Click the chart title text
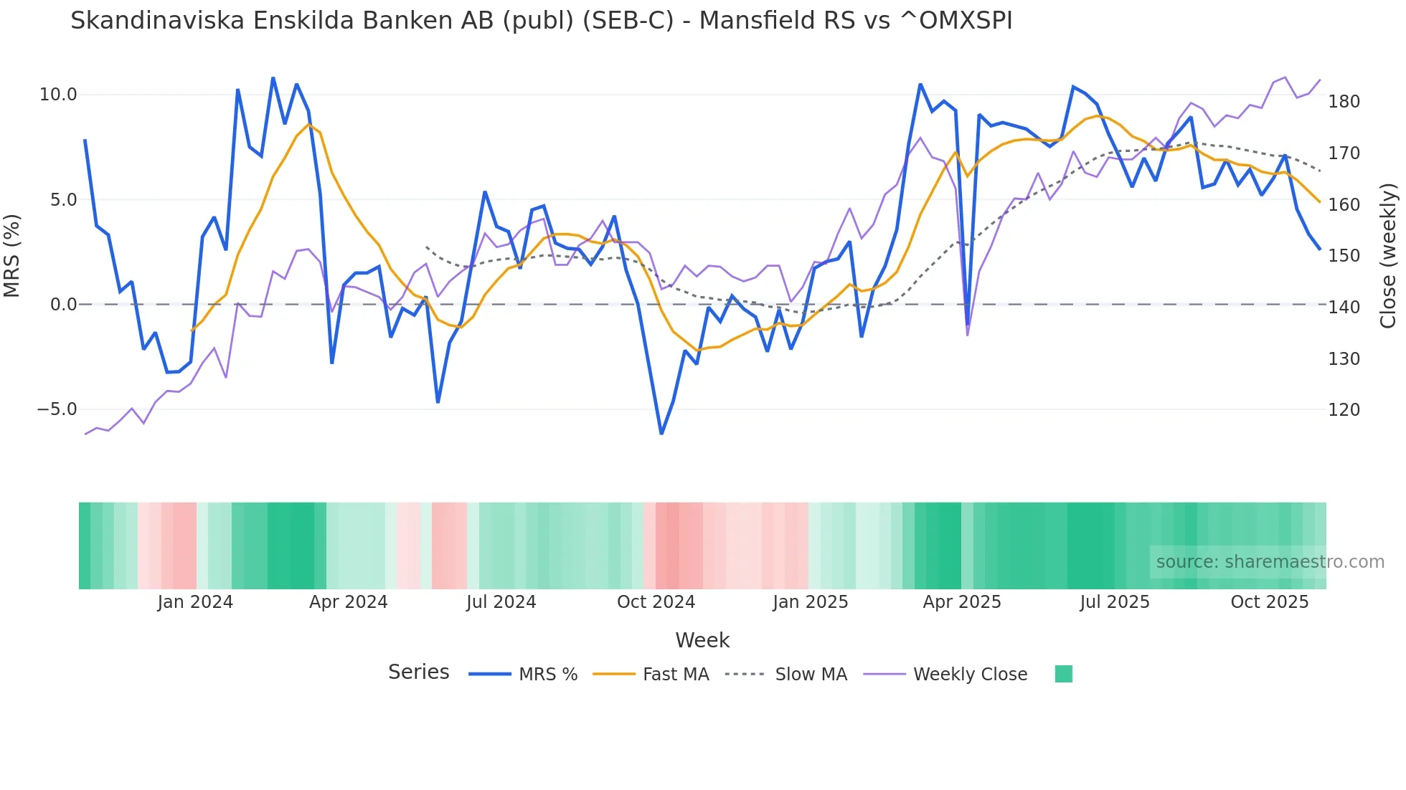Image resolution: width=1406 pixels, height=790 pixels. pyautogui.click(x=541, y=21)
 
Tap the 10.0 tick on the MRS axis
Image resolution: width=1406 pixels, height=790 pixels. pyautogui.click(x=58, y=95)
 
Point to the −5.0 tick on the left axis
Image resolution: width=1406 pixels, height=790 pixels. pyautogui.click(x=57, y=409)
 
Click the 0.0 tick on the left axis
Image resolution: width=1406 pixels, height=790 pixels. pyautogui.click(x=63, y=305)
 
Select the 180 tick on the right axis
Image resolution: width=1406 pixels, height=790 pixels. pyautogui.click(x=1344, y=102)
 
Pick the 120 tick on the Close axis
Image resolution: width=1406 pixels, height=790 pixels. pyautogui.click(x=1344, y=410)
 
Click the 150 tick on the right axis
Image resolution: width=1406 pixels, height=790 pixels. pyautogui.click(x=1344, y=256)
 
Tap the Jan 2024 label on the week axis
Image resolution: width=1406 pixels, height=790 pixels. pyautogui.click(x=195, y=602)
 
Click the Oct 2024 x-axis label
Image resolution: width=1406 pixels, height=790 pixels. pyautogui.click(x=656, y=602)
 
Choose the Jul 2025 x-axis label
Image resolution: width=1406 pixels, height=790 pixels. pyautogui.click(x=1114, y=602)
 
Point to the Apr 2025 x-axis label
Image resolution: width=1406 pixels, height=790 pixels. pyautogui.click(x=961, y=602)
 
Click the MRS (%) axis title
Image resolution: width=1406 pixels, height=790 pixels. pyautogui.click(x=12, y=255)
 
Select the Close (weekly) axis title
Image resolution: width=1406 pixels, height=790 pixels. pyautogui.click(x=1388, y=255)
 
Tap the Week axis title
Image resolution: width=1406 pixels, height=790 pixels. pyautogui.click(x=702, y=640)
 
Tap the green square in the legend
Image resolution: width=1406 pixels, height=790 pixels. pyautogui.click(x=1063, y=674)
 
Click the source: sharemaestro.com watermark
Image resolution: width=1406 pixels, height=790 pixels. pyautogui.click(x=1270, y=562)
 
